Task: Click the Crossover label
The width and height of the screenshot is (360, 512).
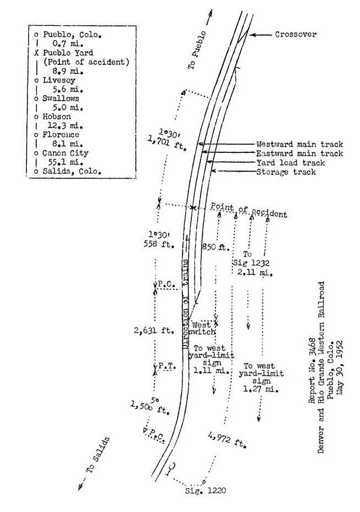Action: pyautogui.click(x=295, y=34)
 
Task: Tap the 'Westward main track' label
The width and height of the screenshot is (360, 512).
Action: pyautogui.click(x=300, y=144)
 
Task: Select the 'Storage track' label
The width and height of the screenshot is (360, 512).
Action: pyautogui.click(x=286, y=172)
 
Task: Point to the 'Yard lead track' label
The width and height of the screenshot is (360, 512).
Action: pyautogui.click(x=290, y=163)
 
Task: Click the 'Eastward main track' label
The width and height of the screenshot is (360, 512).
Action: pyautogui.click(x=300, y=153)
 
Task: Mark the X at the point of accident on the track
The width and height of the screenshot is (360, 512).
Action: pyautogui.click(x=193, y=208)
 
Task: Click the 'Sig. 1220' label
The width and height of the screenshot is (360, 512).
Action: pyautogui.click(x=206, y=490)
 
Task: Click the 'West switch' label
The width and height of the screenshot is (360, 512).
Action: pyautogui.click(x=202, y=328)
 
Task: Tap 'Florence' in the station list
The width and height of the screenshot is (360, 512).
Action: pyautogui.click(x=60, y=135)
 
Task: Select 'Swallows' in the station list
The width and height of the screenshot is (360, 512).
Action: pyautogui.click(x=60, y=98)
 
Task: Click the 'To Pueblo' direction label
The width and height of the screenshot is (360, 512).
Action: pyautogui.click(x=197, y=50)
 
